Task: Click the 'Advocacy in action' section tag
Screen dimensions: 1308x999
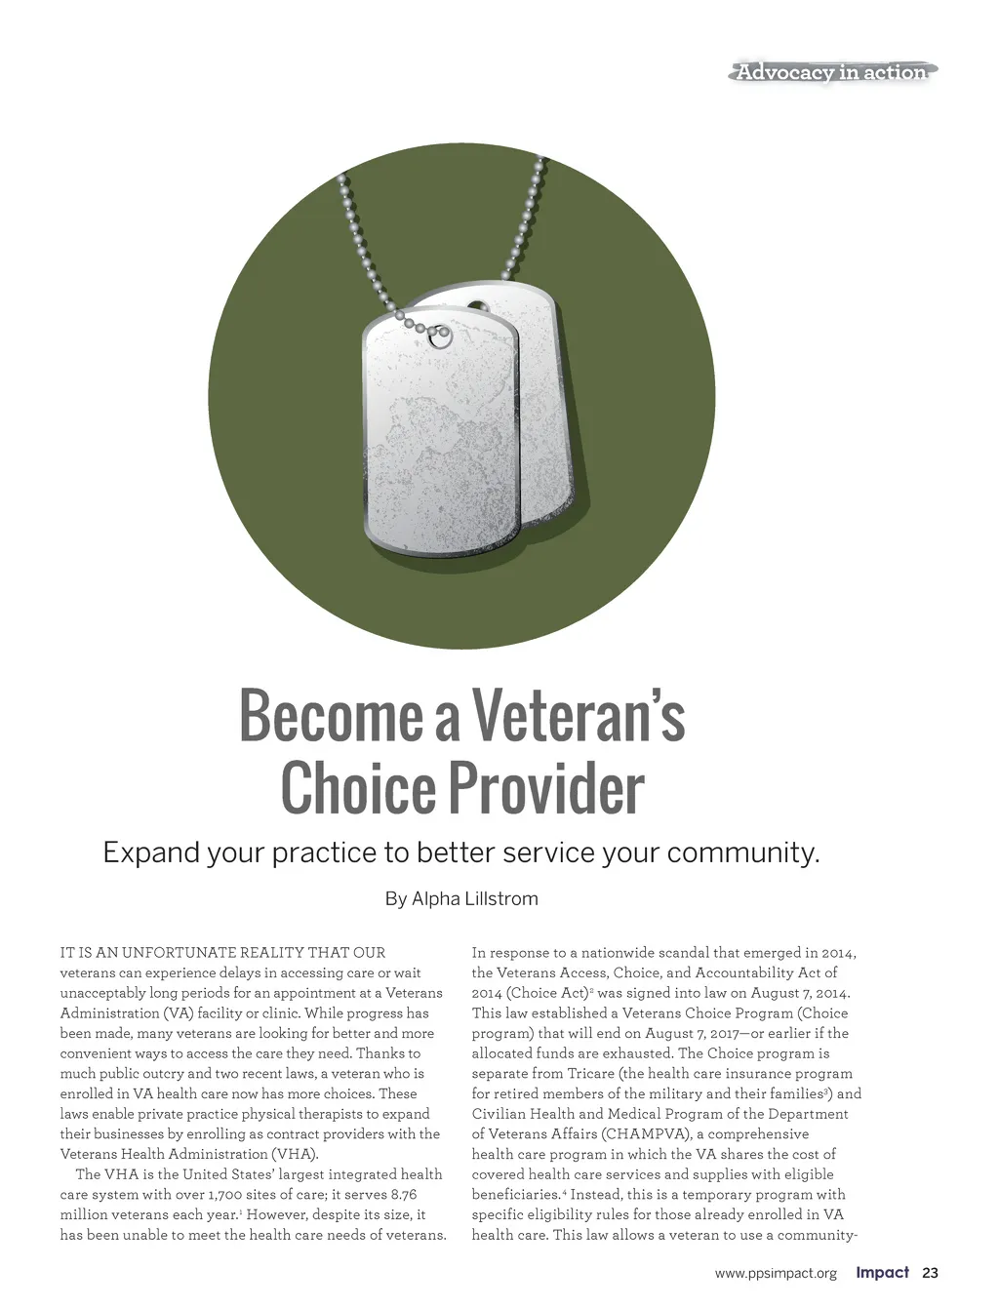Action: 832,72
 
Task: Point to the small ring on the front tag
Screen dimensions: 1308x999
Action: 440,337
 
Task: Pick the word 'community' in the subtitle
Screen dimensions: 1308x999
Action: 741,853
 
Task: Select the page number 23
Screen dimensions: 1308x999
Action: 930,1273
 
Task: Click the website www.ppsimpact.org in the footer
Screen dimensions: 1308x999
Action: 776,1274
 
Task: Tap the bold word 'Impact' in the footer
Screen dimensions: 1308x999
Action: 882,1273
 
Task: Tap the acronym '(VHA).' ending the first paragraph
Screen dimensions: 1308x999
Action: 295,1155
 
